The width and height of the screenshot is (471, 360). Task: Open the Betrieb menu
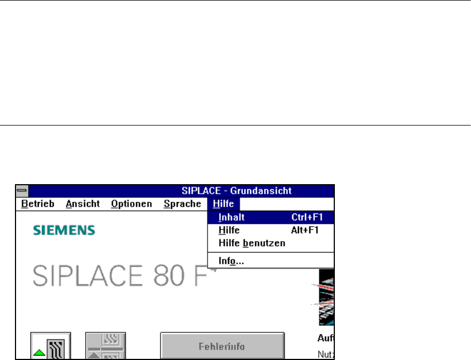pos(38,204)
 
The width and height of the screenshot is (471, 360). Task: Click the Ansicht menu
pos(82,204)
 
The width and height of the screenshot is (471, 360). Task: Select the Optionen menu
pos(131,204)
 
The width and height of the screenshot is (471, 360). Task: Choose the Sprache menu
pos(182,204)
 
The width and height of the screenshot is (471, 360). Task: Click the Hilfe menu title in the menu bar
pos(223,204)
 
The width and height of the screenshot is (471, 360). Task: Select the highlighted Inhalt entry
pos(232,217)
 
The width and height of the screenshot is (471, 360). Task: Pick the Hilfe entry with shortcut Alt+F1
pos(229,230)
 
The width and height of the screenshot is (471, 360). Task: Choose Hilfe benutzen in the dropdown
pos(252,243)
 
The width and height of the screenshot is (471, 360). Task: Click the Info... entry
pos(231,260)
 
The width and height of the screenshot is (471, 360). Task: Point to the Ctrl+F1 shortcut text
pos(307,217)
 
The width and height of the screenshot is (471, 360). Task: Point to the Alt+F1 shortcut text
pos(305,230)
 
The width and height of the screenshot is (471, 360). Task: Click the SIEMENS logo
pos(64,230)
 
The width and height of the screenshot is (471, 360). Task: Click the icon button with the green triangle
pos(50,346)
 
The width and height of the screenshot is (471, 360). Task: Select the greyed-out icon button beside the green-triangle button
pos(106,346)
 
